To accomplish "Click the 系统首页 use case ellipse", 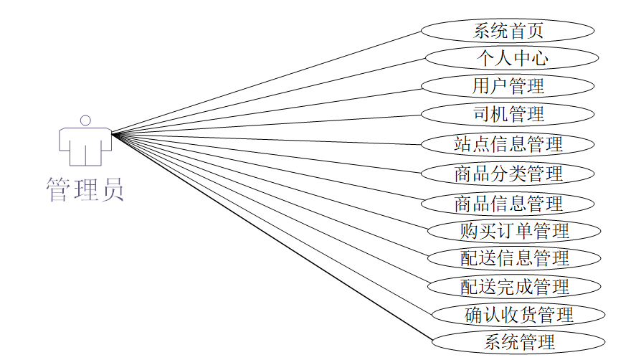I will click(x=507, y=30).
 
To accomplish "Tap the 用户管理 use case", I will click(x=507, y=86).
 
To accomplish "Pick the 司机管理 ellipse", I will click(x=507, y=113).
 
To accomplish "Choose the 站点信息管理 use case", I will click(x=507, y=143).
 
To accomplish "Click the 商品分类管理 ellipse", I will click(x=507, y=174).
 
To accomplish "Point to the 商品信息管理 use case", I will click(x=507, y=203).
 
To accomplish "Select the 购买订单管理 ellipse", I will click(x=513, y=231).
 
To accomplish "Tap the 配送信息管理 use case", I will click(x=513, y=258).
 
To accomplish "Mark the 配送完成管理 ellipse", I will click(x=513, y=287).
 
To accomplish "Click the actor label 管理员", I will click(x=85, y=189).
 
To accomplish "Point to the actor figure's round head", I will click(x=85, y=120).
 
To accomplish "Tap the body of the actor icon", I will click(x=85, y=145).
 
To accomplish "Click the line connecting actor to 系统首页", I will click(x=265, y=82).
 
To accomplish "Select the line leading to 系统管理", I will click(x=272, y=236).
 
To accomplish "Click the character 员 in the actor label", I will click(x=112, y=189).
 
